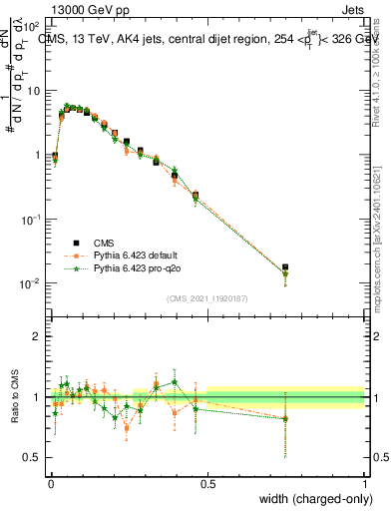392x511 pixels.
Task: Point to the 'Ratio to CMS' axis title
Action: pos(17,398)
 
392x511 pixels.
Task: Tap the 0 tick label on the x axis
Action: pos(50,483)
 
